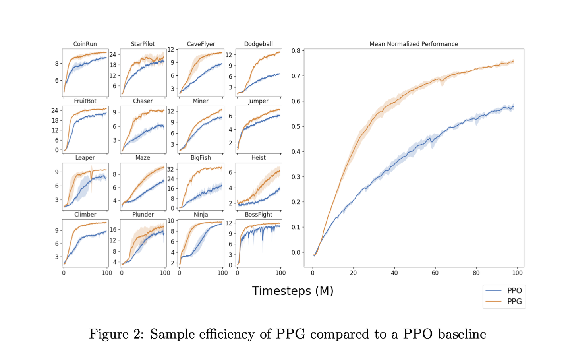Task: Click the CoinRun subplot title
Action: (85, 44)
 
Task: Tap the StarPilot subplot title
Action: (143, 44)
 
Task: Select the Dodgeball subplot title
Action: (258, 44)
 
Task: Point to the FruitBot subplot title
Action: (85, 101)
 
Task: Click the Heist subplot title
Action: (258, 158)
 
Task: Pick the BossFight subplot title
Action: (258, 215)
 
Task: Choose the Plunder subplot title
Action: (143, 215)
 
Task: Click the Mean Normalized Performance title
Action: (414, 44)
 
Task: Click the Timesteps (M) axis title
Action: (293, 291)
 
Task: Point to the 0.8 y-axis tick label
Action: (296, 51)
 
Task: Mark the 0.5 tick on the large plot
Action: (296, 126)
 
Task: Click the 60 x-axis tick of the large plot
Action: (435, 273)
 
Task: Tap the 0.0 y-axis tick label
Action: (296, 252)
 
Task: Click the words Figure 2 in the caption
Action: (116, 334)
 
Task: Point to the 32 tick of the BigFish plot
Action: (171, 169)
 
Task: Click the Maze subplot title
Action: (143, 158)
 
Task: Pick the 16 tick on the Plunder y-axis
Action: (113, 230)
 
